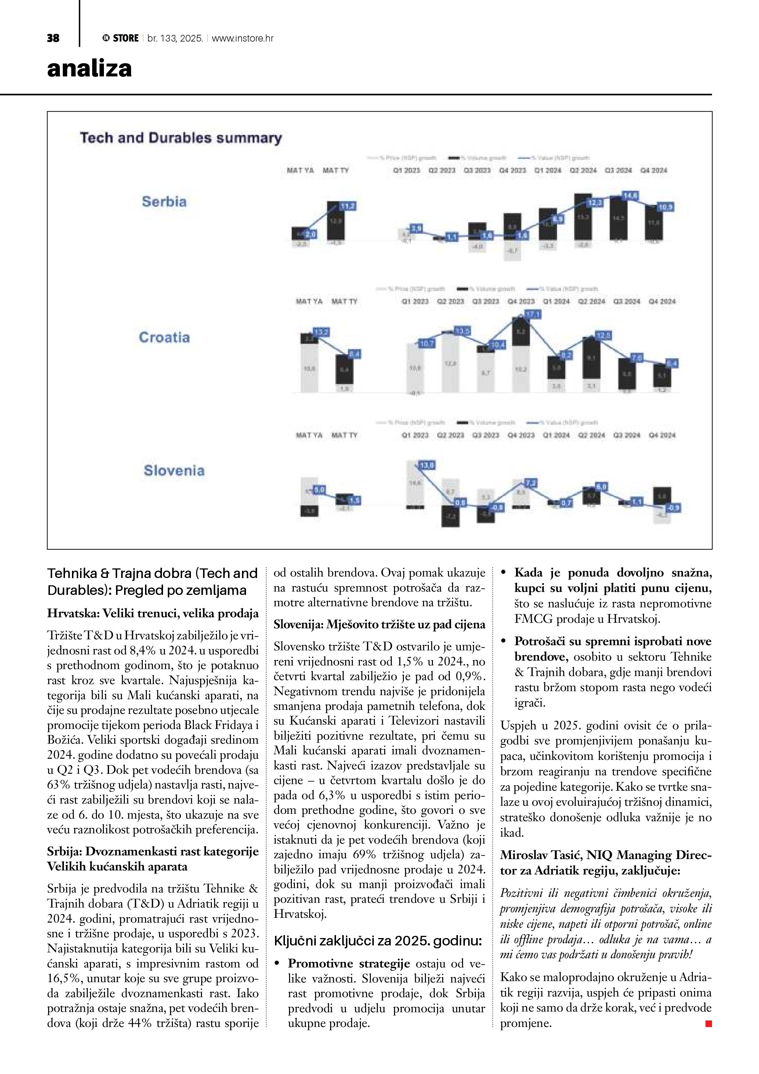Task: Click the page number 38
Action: (53, 38)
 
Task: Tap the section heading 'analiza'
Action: (89, 69)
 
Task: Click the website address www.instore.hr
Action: (243, 38)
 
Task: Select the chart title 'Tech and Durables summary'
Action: (181, 138)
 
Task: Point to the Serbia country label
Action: (164, 202)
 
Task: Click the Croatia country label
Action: (164, 337)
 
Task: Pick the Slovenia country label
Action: (174, 471)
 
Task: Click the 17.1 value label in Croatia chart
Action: (532, 315)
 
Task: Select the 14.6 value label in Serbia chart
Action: (630, 195)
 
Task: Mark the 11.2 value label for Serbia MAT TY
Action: (348, 206)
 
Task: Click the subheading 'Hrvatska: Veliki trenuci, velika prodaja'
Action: (153, 613)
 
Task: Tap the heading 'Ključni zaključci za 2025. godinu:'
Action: (377, 941)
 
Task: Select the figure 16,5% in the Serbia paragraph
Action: (60, 978)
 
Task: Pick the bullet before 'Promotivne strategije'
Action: (277, 964)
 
